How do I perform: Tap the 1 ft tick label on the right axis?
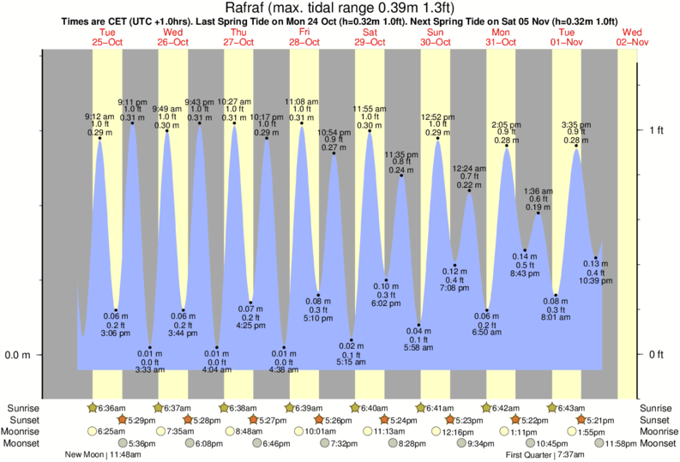(656, 130)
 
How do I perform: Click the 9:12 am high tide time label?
(99, 117)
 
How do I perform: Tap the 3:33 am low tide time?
(149, 369)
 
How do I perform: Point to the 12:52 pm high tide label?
(437, 117)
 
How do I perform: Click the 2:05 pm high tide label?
(507, 124)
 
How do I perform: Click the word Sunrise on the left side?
(22, 408)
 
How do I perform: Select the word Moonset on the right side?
(656, 443)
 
